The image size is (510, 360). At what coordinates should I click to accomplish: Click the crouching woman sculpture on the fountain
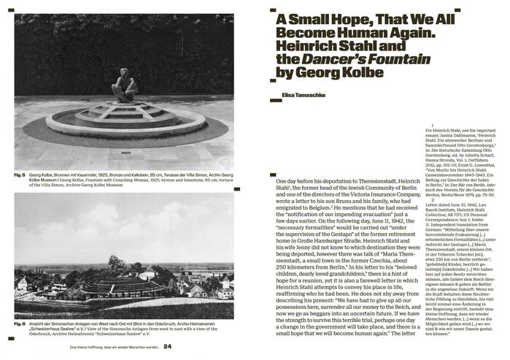point(124,86)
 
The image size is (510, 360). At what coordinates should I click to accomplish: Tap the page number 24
point(168,346)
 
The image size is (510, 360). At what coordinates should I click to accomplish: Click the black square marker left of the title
point(273,11)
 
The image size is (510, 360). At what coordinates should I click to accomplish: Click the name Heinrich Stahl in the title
point(314,47)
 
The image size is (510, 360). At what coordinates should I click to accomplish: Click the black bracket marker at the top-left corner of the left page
point(17,11)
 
